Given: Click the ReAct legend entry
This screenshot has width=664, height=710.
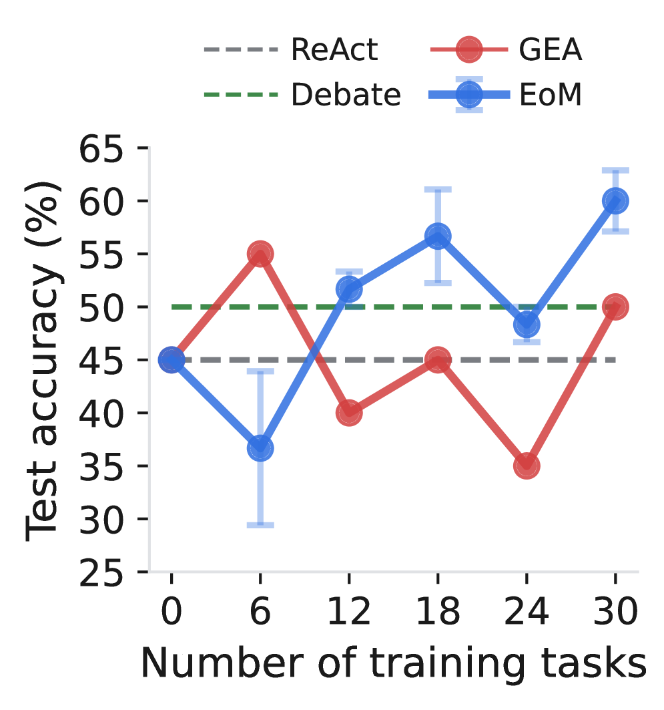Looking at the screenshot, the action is click(x=291, y=49).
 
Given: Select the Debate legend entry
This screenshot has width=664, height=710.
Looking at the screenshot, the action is click(x=302, y=95).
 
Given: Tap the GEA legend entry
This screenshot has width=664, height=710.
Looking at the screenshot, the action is click(x=506, y=49).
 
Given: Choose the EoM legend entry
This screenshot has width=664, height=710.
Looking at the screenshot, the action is click(x=505, y=95).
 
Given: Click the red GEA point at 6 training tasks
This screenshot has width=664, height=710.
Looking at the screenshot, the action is click(x=260, y=254).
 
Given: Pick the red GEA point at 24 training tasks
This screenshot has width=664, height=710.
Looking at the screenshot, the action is click(x=527, y=466).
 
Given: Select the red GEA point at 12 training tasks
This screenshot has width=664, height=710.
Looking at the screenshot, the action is click(x=349, y=413).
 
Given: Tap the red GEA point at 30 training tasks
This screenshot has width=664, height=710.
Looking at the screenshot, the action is click(x=615, y=307).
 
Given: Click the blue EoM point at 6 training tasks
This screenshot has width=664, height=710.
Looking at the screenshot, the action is click(x=260, y=448).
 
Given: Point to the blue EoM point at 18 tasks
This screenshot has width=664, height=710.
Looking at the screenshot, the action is click(x=438, y=236).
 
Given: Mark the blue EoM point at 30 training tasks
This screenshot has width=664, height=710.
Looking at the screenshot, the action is click(x=615, y=200).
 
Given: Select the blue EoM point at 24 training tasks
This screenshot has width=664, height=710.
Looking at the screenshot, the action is click(x=527, y=325).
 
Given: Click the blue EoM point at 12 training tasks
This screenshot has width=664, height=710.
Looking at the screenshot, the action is click(x=349, y=289).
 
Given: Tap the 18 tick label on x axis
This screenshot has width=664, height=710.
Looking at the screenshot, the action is click(x=438, y=611).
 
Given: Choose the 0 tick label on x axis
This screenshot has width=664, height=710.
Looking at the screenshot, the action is click(x=172, y=611).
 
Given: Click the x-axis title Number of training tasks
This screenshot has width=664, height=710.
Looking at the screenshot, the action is click(x=394, y=664).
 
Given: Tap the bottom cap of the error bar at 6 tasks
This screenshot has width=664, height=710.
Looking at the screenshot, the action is click(x=260, y=525).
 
